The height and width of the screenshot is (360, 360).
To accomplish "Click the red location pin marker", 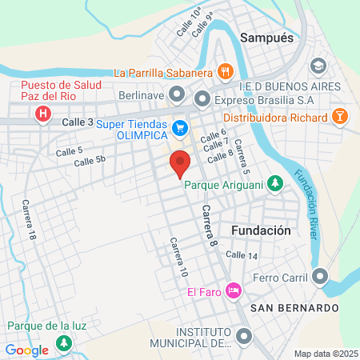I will (x=181, y=162).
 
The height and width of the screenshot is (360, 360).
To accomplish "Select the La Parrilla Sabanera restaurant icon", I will (x=226, y=72).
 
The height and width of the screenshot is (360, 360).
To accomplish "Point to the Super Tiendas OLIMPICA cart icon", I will (x=181, y=126).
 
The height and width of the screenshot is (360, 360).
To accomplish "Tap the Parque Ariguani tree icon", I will (x=275, y=184).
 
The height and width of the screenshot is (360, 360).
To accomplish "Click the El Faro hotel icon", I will (x=234, y=290).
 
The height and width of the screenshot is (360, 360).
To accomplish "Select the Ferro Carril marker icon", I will (x=320, y=277).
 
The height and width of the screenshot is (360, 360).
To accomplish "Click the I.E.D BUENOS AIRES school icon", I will (x=318, y=65).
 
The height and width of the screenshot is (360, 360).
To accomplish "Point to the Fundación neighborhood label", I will (x=260, y=230).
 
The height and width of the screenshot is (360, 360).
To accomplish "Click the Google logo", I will (x=26, y=350).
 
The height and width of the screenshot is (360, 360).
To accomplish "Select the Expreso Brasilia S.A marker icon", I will (x=202, y=99).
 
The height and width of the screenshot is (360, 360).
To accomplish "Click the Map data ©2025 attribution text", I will (x=325, y=354).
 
